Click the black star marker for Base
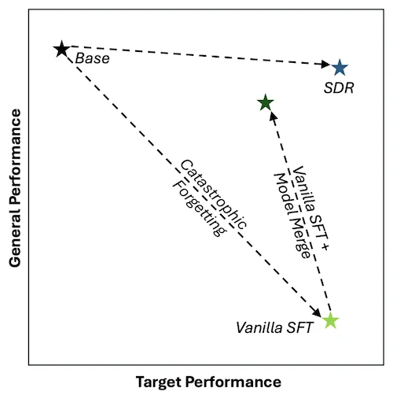pos(61,49)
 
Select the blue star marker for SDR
pos(340,68)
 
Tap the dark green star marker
pos(266,102)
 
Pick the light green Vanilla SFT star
pos(330,320)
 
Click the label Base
pos(92,58)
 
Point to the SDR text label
pos(339,88)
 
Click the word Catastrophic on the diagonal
pos(213,194)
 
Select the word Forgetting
pos(200,209)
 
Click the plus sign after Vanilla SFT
pos(325,246)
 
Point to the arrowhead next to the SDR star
pos(325,64)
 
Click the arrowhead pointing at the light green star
pos(317,312)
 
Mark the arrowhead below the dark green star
pos(274,116)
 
